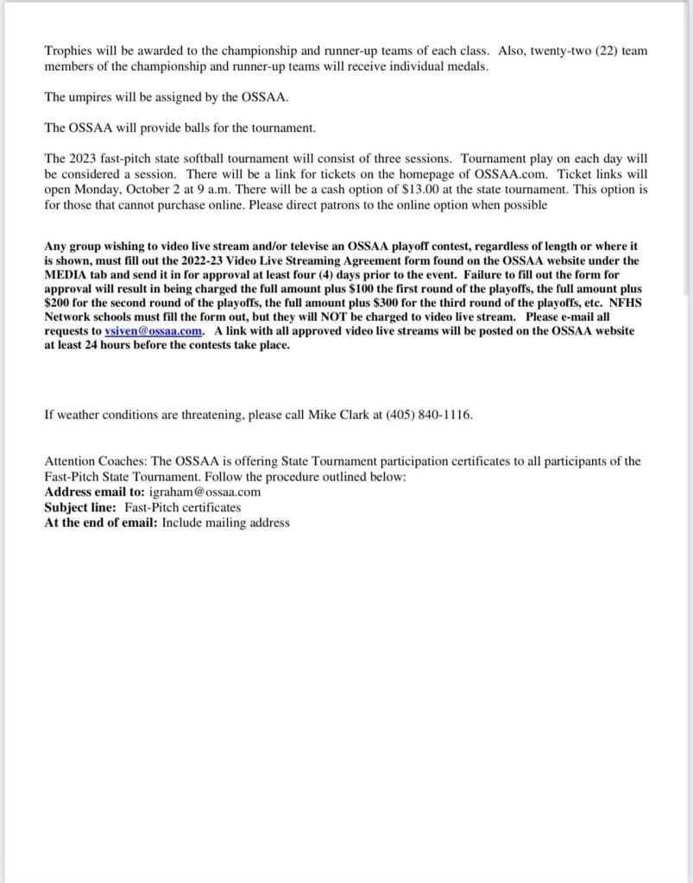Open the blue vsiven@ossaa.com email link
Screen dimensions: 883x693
click(x=154, y=331)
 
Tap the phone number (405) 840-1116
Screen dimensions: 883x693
click(x=426, y=415)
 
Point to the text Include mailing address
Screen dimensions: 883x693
click(x=225, y=523)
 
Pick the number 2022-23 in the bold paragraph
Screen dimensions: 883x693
click(x=207, y=259)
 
